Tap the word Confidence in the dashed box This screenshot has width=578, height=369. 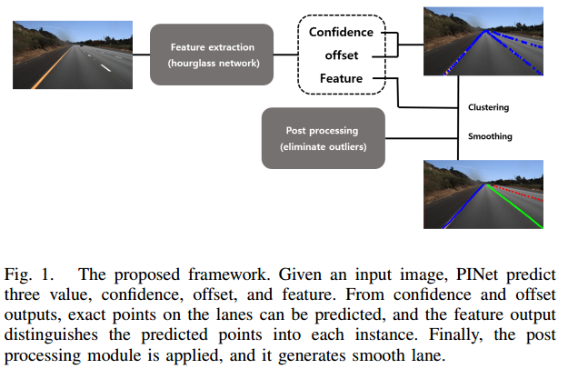341,33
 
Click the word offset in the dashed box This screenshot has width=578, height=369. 341,55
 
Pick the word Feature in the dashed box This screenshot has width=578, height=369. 341,78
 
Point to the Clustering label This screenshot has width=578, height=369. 487,107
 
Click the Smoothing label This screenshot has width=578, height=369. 488,136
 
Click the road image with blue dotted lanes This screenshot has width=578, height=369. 485,44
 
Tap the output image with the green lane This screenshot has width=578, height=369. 485,194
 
